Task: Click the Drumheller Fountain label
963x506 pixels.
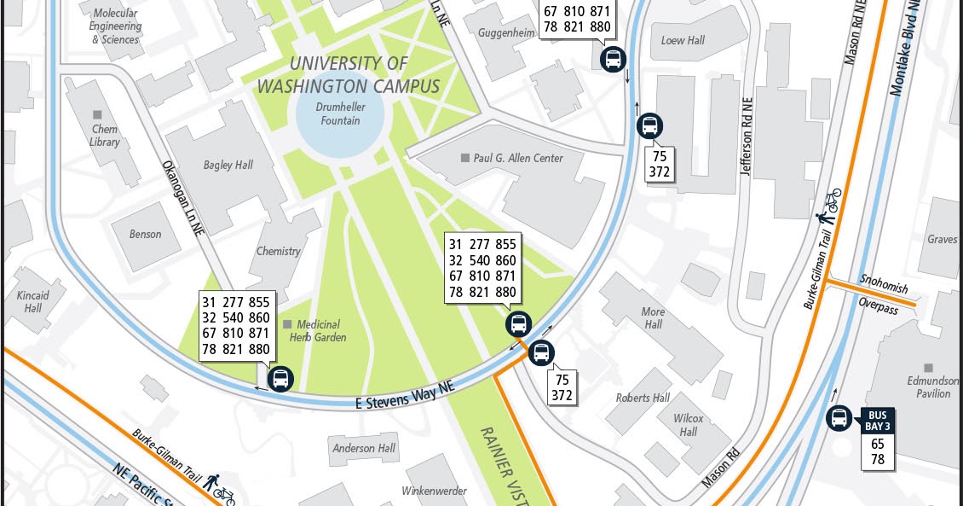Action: tap(341, 114)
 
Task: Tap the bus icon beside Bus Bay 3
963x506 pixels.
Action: tap(839, 418)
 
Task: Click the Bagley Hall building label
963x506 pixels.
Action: tap(228, 165)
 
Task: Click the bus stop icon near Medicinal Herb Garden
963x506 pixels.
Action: tap(280, 378)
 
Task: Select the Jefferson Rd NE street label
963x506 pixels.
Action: tap(747, 146)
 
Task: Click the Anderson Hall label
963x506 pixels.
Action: tap(364, 448)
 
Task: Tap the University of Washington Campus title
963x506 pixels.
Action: tap(349, 75)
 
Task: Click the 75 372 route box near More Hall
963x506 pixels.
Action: tap(562, 387)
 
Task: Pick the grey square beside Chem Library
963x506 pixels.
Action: tap(98, 115)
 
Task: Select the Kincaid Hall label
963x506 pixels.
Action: tap(32, 301)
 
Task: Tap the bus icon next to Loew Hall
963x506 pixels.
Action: tap(613, 59)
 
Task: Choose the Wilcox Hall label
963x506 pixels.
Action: tap(688, 425)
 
